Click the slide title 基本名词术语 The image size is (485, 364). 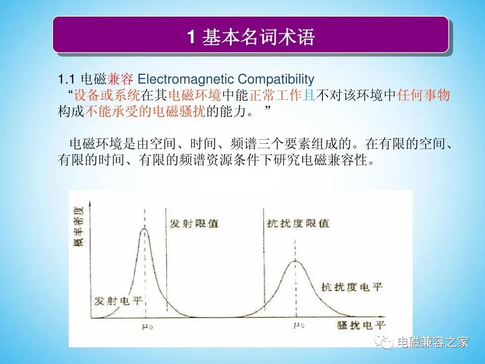coord(259,37)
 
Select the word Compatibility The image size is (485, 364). coord(276,80)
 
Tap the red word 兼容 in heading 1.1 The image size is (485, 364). coord(120,79)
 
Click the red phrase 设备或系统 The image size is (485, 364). coord(107,95)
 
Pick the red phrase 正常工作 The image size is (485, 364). coord(275,95)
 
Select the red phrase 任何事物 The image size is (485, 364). coord(423,95)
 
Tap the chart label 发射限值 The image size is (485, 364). coord(194,223)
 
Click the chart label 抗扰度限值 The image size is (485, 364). coord(298,223)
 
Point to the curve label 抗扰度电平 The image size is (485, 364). coord(352,287)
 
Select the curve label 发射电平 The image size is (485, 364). coord(118,301)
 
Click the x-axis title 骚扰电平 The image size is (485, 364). coord(361,325)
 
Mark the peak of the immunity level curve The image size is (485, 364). coord(295,262)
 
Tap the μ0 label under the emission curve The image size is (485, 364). coord(147,327)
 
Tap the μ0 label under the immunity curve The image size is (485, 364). coord(299,325)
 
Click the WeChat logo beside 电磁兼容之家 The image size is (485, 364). coord(384,342)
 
